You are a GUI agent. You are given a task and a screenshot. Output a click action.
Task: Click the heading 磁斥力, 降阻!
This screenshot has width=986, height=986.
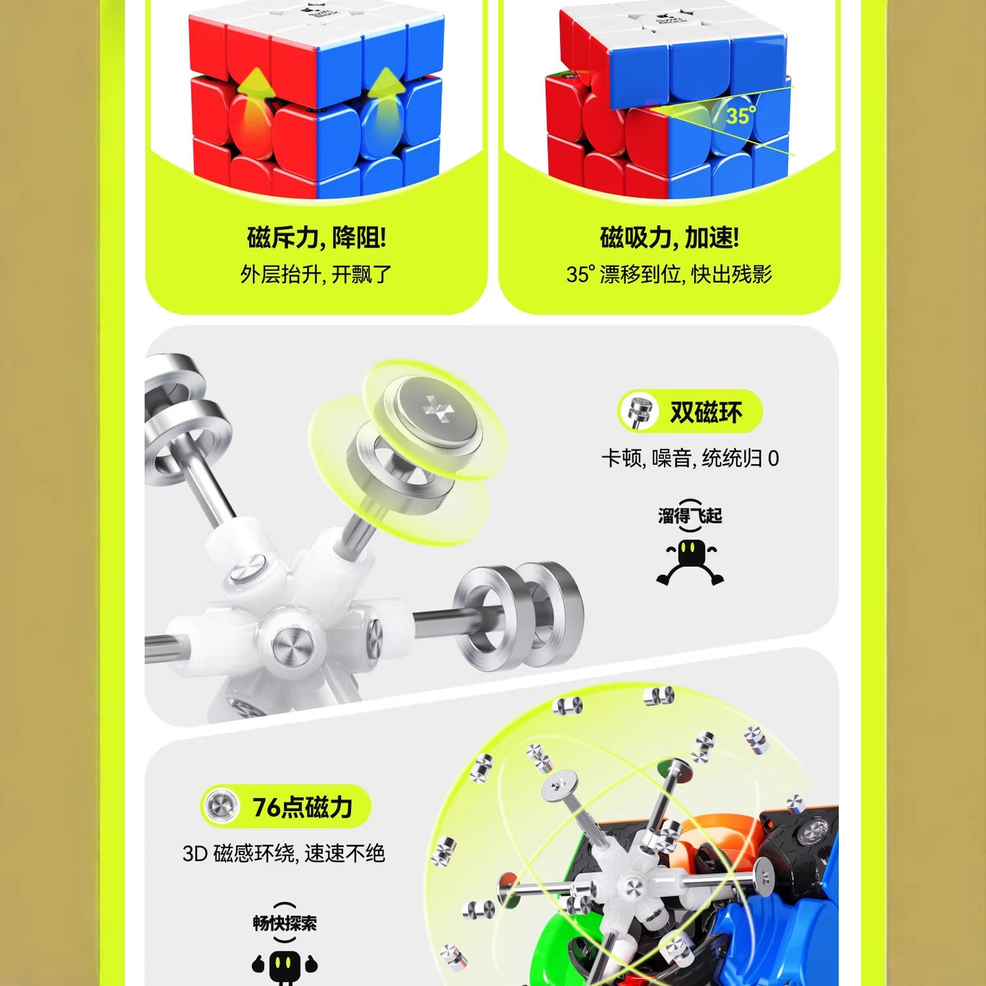tap(316, 238)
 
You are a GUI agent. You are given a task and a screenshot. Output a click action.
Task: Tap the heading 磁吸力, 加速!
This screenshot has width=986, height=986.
tap(669, 238)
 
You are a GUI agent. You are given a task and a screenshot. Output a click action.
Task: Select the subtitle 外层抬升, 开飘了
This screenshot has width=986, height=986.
tap(316, 274)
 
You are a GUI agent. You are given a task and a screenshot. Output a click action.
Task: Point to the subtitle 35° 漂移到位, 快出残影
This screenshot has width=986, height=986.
tap(669, 274)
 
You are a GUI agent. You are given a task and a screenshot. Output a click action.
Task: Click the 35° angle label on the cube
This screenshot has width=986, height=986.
tap(740, 115)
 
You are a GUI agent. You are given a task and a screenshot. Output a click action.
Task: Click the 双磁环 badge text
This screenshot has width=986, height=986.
tap(706, 412)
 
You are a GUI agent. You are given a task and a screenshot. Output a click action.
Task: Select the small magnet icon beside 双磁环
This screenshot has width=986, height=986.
tap(640, 411)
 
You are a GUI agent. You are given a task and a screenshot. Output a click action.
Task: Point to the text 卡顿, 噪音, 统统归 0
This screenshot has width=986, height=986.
tap(690, 459)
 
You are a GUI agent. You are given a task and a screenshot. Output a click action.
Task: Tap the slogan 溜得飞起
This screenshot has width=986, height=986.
tap(690, 516)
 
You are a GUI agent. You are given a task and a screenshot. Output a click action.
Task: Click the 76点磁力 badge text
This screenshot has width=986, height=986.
tap(302, 807)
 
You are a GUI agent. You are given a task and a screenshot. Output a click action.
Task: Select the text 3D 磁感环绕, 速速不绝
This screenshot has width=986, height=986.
tap(284, 853)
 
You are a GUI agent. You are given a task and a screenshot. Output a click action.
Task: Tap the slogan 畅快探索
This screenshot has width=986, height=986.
tap(285, 923)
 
